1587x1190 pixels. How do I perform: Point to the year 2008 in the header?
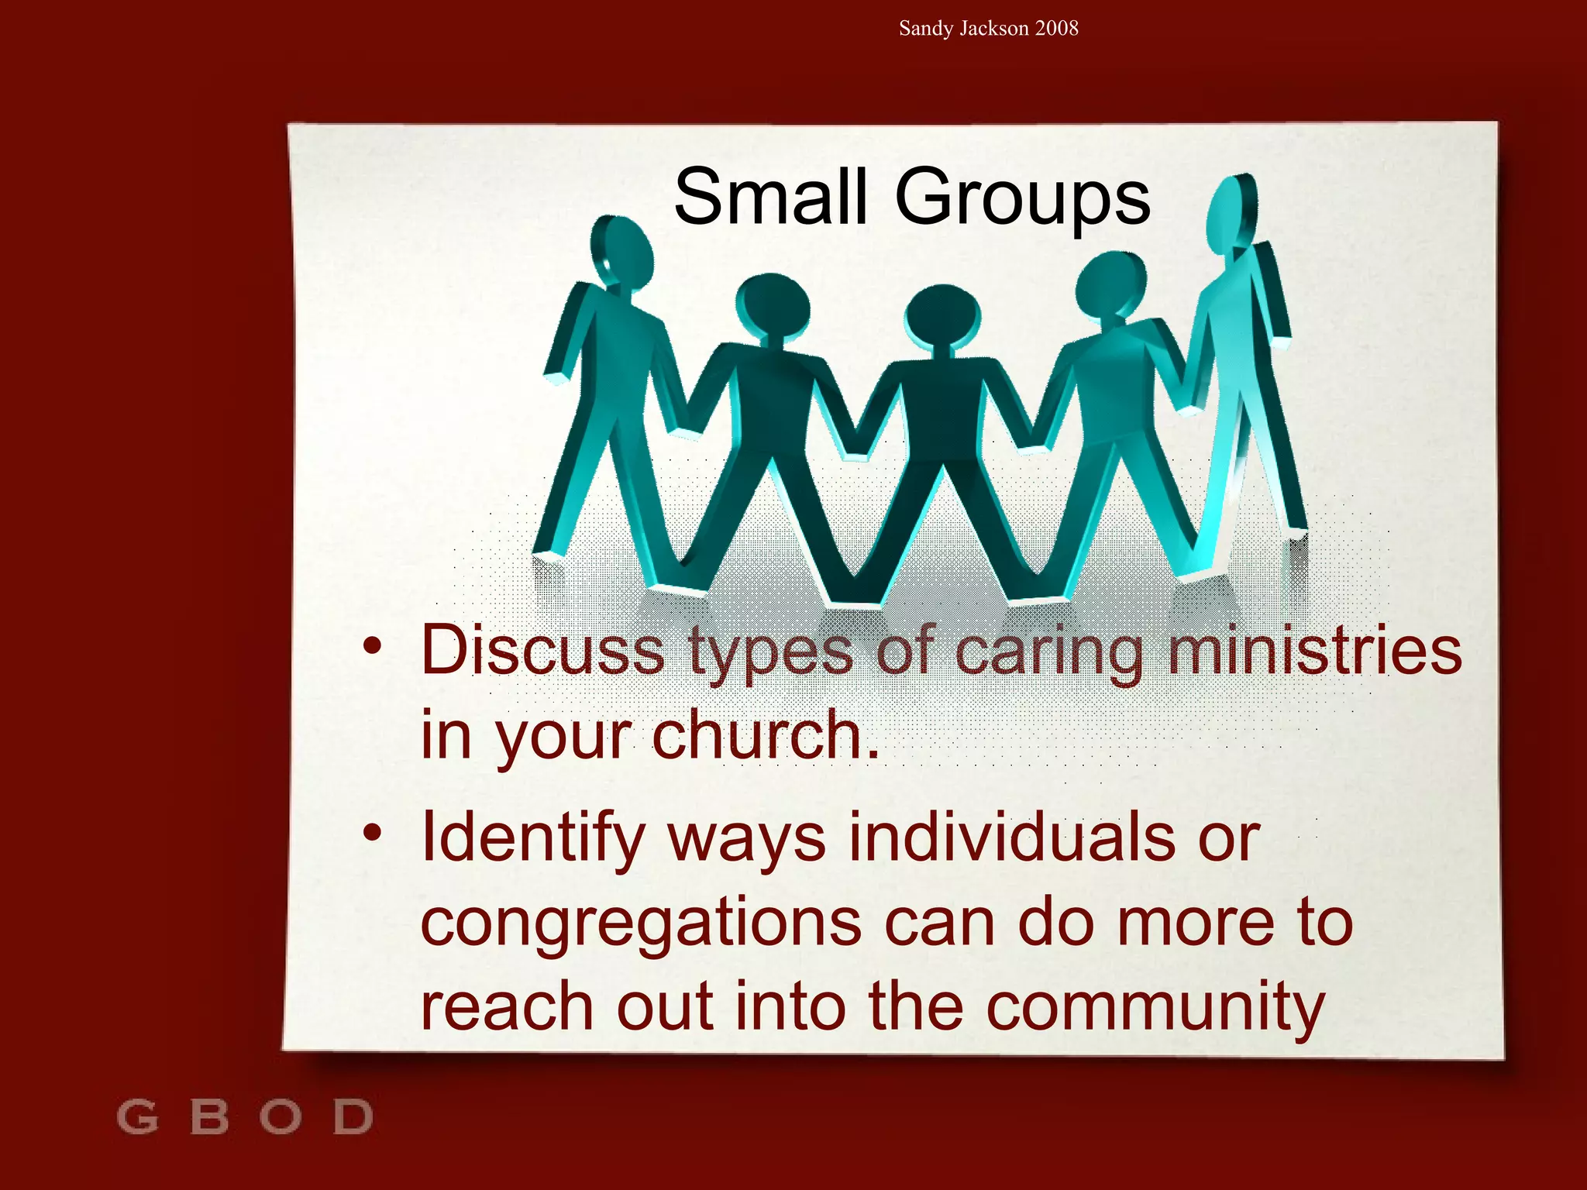point(1056,29)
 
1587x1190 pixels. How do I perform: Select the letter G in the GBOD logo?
point(137,1117)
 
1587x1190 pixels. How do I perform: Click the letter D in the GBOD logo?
point(353,1117)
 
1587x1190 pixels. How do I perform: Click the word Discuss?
point(542,651)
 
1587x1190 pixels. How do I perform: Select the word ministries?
point(1314,651)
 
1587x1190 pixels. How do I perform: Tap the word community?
point(1155,1008)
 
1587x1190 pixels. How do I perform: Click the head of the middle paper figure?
point(942,317)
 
